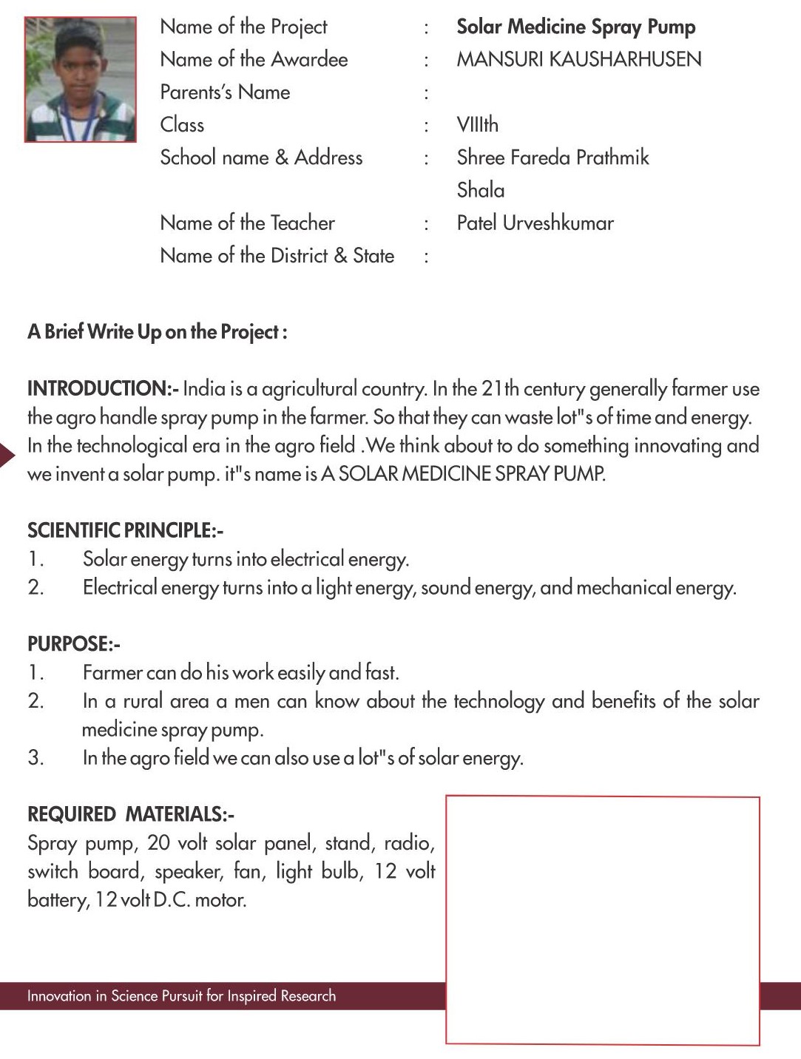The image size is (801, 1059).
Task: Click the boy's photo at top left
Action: [80, 79]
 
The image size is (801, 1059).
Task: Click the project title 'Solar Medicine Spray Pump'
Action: [575, 27]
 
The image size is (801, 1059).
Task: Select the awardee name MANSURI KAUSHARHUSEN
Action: [578, 60]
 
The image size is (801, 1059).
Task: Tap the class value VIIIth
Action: [477, 125]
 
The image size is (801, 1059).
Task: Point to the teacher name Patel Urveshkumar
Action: [535, 223]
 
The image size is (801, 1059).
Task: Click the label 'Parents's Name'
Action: [225, 92]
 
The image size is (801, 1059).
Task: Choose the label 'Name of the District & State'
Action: [277, 256]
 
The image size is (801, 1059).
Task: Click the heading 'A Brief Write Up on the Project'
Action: [157, 332]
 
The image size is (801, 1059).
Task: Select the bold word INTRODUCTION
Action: [99, 389]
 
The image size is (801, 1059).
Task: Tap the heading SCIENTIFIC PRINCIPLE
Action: [124, 530]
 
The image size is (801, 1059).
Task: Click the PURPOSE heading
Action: [72, 644]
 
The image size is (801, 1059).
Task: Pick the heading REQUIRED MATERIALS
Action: [130, 815]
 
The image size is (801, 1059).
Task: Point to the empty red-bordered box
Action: [602, 920]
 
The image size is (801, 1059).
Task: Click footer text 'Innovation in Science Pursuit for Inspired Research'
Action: [181, 996]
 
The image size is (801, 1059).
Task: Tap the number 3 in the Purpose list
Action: [36, 758]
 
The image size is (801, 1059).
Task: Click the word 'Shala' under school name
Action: [480, 191]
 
